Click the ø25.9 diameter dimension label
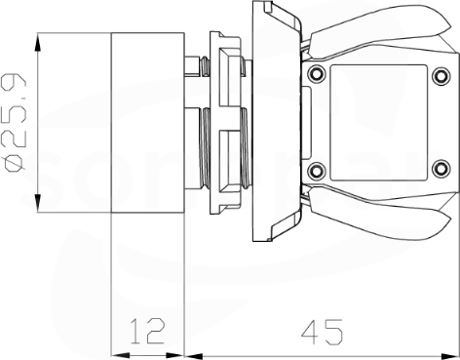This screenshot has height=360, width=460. coord(15,123)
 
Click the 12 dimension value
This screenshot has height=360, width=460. coord(148,331)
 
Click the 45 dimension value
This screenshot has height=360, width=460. coord(322,332)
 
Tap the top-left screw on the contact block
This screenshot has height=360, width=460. coord(317,74)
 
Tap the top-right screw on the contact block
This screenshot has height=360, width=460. coord(441,75)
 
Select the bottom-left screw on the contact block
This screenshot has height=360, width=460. coord(317,171)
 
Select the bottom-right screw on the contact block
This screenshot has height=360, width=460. coord(441,169)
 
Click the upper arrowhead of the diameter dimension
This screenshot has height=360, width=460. coord(38,42)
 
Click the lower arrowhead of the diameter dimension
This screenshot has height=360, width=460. coord(38,203)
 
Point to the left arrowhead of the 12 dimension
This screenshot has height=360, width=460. coord(120,356)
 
